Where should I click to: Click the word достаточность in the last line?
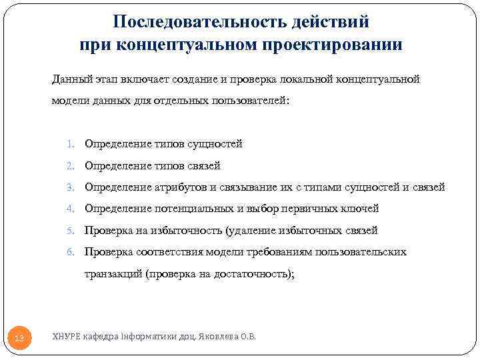251,274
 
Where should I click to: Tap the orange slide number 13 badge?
19,339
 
